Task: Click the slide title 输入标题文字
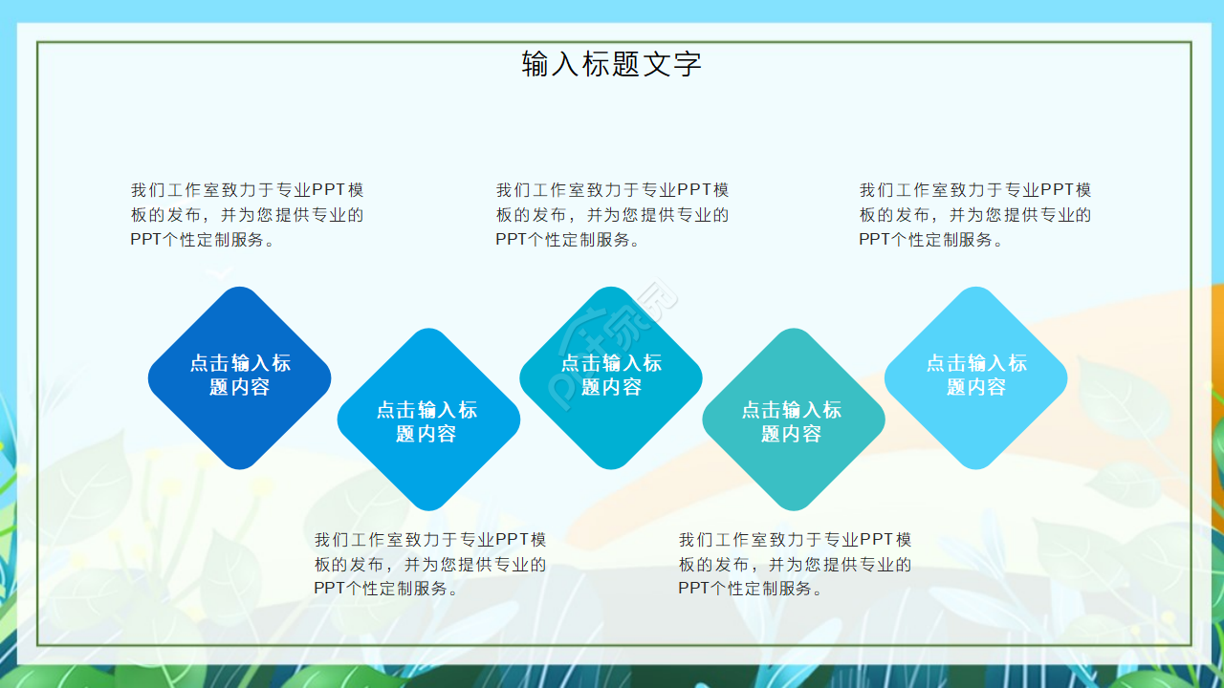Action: click(612, 64)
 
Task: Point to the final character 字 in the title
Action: click(688, 64)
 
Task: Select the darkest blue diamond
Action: click(239, 377)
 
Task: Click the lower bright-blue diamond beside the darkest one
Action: click(427, 420)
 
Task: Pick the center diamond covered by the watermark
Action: click(611, 377)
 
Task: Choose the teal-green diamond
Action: click(793, 420)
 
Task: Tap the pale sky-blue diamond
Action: click(975, 377)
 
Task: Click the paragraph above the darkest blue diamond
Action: click(247, 215)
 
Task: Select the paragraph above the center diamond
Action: click(612, 215)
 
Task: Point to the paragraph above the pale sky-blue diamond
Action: click(975, 215)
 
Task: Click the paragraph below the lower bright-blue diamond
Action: click(430, 564)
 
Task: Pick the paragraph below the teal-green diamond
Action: click(795, 564)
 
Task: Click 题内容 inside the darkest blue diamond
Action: click(239, 387)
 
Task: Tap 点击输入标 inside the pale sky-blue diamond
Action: click(975, 363)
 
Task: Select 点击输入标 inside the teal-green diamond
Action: click(792, 410)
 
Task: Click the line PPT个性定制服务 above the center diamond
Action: click(567, 240)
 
